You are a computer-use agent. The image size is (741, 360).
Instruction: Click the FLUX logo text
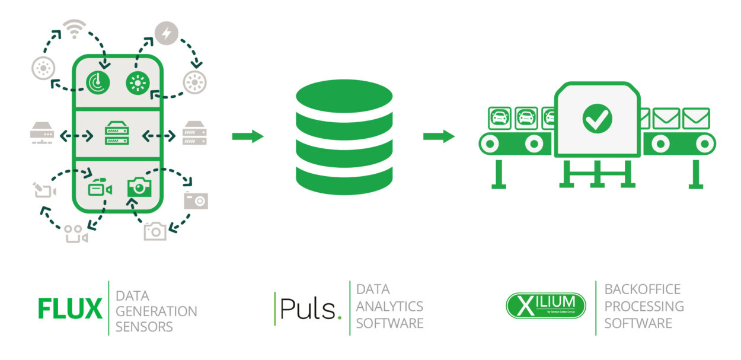[70, 308]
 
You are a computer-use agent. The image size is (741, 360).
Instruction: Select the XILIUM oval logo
[545, 305]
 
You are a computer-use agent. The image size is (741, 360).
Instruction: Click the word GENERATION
[156, 311]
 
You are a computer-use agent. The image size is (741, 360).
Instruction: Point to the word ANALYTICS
[389, 306]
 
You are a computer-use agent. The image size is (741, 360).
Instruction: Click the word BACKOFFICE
[643, 289]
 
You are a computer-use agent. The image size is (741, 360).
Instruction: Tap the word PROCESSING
[644, 306]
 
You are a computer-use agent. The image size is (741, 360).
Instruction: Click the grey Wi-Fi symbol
[74, 29]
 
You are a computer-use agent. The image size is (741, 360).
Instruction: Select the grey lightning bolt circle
[166, 33]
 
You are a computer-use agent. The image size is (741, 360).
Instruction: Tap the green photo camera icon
[139, 187]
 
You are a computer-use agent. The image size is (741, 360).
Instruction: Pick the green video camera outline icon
[100, 189]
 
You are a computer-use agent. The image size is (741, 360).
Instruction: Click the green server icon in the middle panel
[117, 133]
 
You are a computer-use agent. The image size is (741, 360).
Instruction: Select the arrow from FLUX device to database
[247, 136]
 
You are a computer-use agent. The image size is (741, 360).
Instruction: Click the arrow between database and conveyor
[439, 136]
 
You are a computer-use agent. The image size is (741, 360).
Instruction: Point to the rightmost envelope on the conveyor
[695, 119]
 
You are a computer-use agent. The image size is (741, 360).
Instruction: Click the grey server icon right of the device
[194, 133]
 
